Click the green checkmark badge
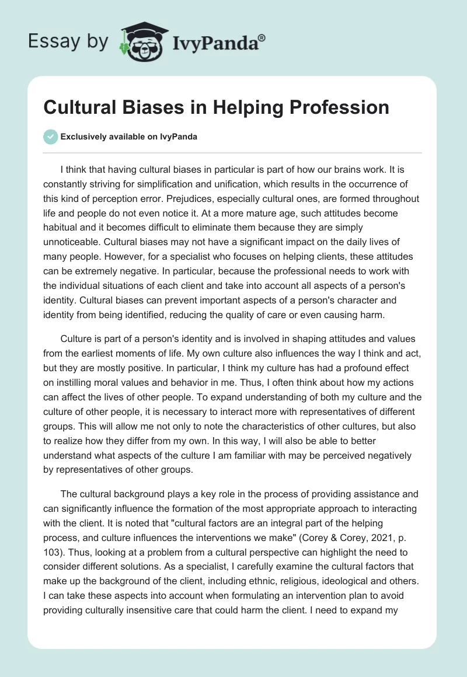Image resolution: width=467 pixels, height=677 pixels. (50, 137)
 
